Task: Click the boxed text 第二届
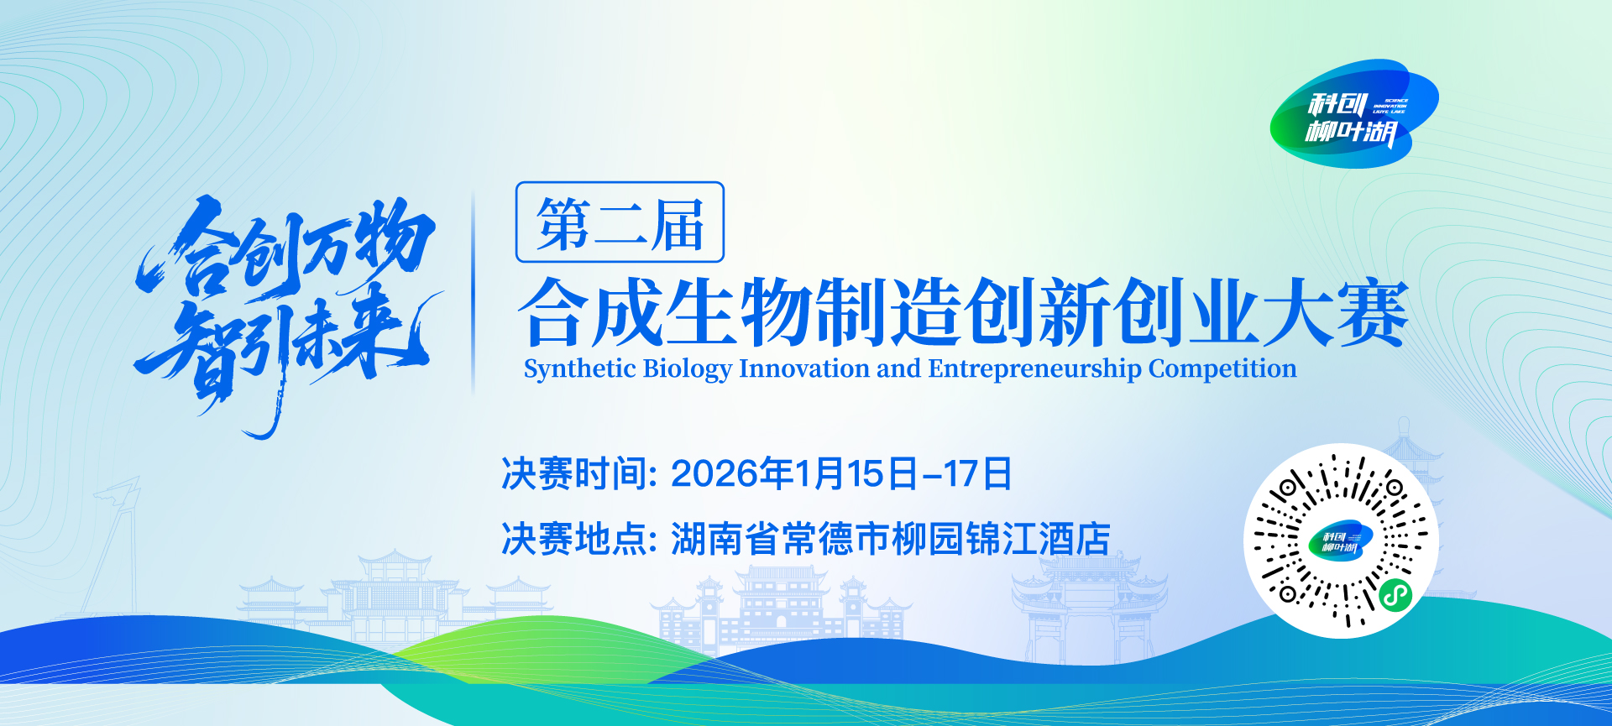[620, 223]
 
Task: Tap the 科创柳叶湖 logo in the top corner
[1353, 114]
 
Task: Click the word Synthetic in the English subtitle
[579, 368]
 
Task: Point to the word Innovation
[803, 368]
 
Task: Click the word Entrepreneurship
[1034, 368]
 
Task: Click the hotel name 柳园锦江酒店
[1001, 539]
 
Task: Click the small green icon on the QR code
[1395, 596]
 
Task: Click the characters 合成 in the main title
[592, 312]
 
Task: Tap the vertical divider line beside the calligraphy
[474, 294]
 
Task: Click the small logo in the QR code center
[1340, 541]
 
